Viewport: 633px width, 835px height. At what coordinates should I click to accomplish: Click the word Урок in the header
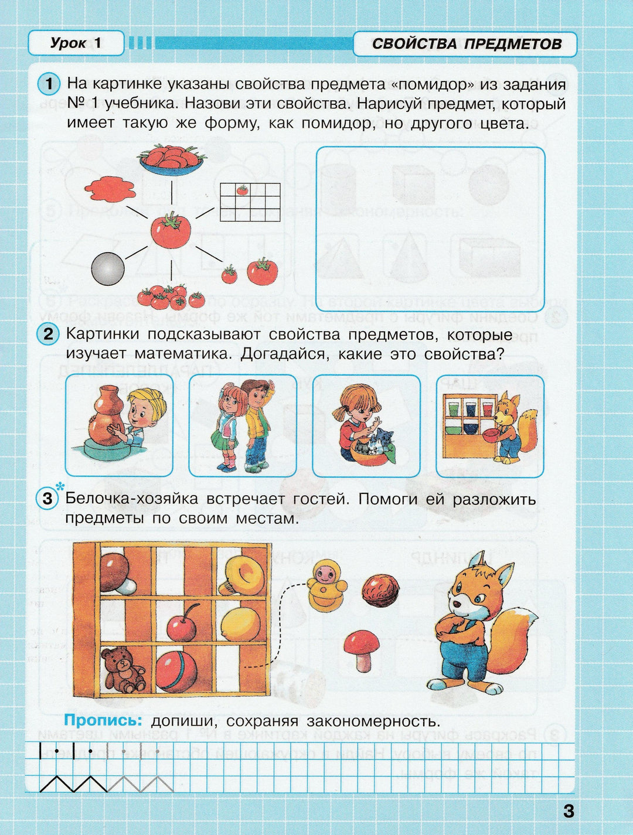(68, 43)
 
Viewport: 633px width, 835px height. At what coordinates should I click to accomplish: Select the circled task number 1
(49, 84)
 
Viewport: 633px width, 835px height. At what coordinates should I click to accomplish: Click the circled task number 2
(49, 335)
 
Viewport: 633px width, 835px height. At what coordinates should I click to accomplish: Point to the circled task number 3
(48, 499)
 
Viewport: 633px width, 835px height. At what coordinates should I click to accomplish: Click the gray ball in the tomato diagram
(108, 269)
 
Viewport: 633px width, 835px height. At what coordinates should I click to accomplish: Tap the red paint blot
(110, 189)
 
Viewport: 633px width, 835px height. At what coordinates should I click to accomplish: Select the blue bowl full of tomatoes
(171, 159)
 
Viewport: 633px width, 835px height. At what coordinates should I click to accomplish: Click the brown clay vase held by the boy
(107, 416)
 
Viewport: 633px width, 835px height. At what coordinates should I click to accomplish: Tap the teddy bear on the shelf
(122, 669)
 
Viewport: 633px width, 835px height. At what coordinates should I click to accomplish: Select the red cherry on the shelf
(182, 626)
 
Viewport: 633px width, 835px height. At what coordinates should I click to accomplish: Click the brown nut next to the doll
(380, 589)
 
